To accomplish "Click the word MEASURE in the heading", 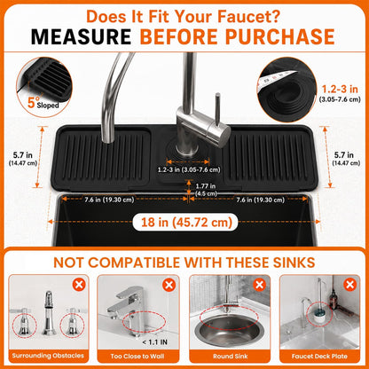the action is [81, 37].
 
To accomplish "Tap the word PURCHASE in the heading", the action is [279, 37].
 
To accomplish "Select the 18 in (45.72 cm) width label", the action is [185, 223].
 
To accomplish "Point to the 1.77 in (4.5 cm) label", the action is [206, 190].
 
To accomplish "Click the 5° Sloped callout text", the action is [43, 102].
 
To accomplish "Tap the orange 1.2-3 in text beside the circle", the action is [340, 89].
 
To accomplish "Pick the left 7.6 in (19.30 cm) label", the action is [109, 200].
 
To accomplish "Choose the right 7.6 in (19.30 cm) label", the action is [260, 200].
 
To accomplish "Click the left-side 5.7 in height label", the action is [23, 159].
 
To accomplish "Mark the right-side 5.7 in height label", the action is [346, 159].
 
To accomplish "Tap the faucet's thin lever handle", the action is [217, 108].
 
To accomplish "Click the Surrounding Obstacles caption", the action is [48, 356].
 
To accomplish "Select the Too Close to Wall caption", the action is [137, 357].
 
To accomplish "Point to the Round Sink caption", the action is [231, 357].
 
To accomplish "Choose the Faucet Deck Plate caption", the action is [319, 357].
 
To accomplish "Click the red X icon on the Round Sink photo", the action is [259, 285].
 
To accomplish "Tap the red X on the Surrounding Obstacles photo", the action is [79, 285].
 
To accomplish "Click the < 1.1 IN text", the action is [154, 342].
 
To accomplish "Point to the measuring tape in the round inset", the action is [277, 79].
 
